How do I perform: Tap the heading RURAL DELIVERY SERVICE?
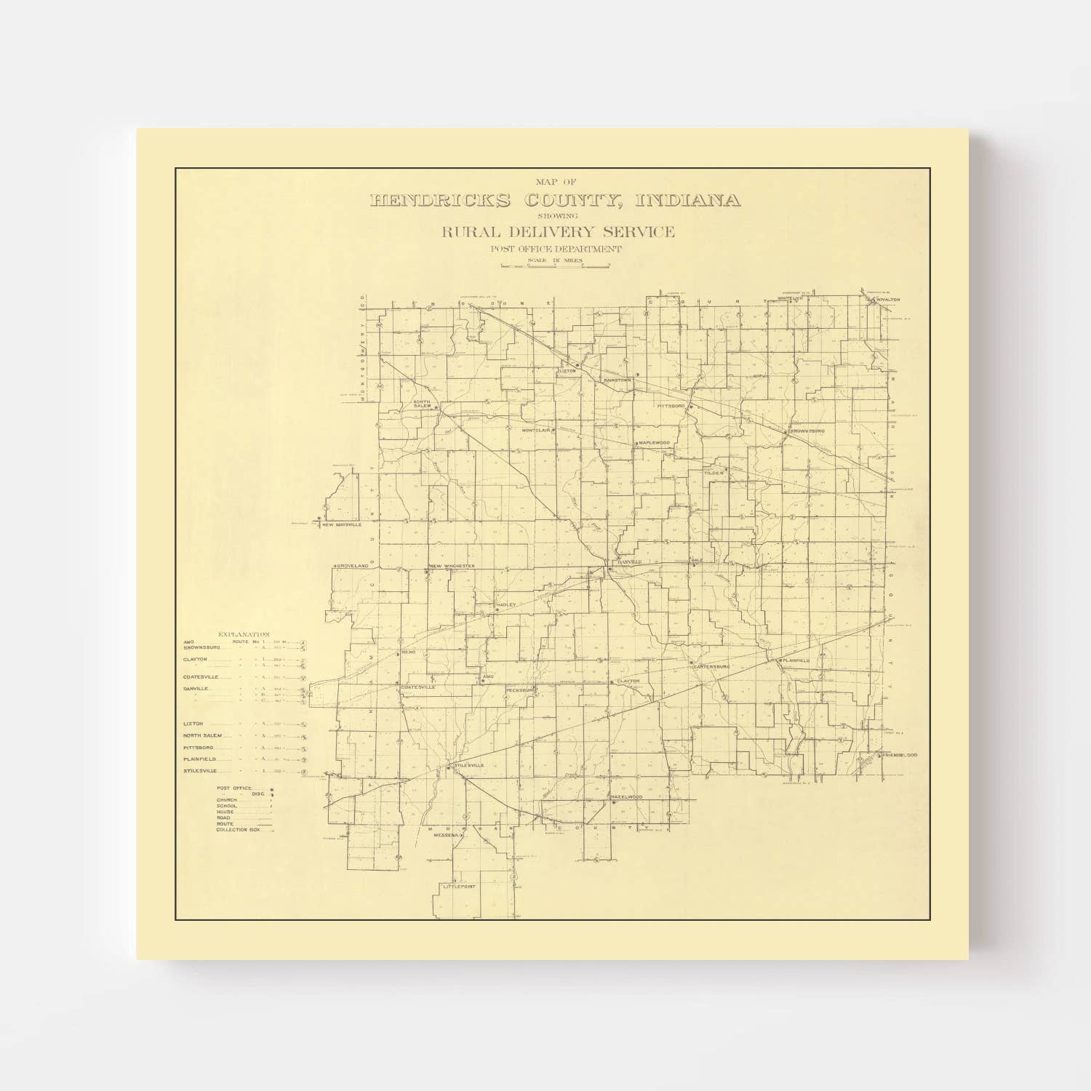click(556, 233)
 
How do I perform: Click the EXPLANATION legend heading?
click(239, 635)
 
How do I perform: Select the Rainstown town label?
click(617, 380)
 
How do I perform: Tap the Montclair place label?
click(537, 431)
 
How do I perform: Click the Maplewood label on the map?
click(653, 443)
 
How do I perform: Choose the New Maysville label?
click(342, 524)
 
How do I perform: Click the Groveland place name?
click(353, 565)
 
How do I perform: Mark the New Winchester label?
click(452, 566)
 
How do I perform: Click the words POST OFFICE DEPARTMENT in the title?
click(556, 249)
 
